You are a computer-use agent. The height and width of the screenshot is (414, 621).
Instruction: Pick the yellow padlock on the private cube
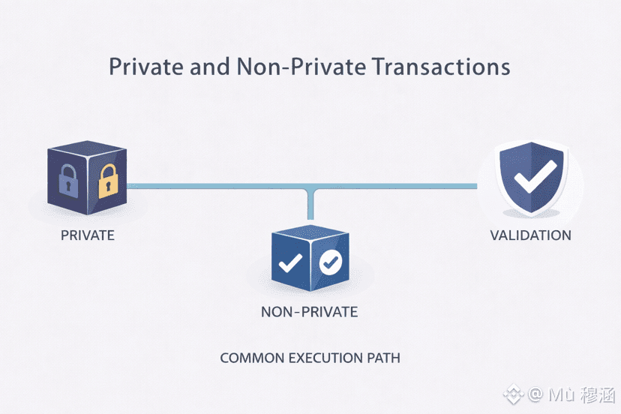coord(109,181)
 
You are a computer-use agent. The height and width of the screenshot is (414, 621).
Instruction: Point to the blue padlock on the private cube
coord(68,181)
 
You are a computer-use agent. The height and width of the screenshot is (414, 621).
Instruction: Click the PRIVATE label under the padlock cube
coord(88,235)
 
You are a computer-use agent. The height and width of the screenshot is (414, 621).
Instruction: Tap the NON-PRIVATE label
coord(310,312)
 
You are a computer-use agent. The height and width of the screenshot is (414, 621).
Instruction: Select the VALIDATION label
coord(530,235)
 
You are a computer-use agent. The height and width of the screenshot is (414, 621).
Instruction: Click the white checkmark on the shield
coord(534,176)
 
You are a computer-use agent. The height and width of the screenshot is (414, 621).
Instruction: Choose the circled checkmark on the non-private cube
coord(330,262)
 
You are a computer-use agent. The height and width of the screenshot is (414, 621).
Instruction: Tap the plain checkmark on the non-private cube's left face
coord(290,262)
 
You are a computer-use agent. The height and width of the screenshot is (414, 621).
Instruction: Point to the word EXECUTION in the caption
coord(324,358)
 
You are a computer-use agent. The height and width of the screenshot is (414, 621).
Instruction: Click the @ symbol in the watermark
coord(534,394)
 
